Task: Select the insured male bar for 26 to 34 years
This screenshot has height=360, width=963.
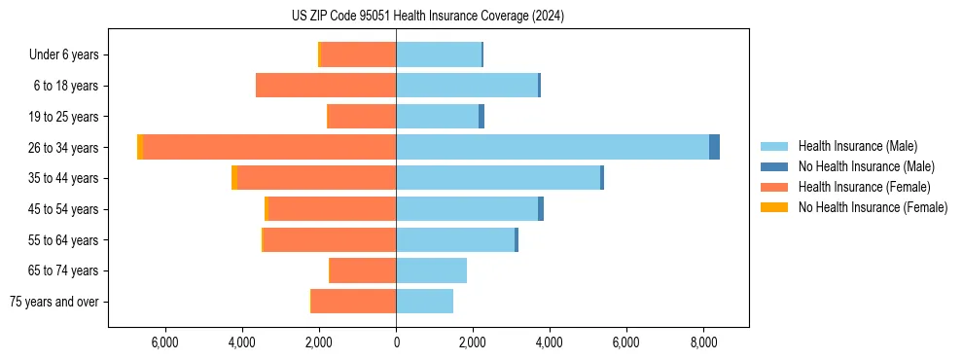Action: click(553, 147)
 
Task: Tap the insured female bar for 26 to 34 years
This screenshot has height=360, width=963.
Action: click(269, 147)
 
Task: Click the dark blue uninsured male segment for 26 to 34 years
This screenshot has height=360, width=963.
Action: click(714, 147)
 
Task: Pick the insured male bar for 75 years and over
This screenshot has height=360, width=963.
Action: click(424, 302)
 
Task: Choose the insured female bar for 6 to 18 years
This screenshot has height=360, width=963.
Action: click(326, 86)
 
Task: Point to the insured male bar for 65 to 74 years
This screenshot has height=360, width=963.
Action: click(431, 270)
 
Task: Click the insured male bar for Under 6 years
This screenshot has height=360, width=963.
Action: click(439, 54)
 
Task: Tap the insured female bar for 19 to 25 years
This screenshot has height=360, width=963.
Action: click(363, 117)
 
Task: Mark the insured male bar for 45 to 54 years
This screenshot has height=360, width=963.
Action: click(467, 209)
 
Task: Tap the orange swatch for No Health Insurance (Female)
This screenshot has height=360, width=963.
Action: click(774, 207)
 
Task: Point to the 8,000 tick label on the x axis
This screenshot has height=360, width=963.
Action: click(703, 342)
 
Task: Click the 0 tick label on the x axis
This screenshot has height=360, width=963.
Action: click(396, 342)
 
